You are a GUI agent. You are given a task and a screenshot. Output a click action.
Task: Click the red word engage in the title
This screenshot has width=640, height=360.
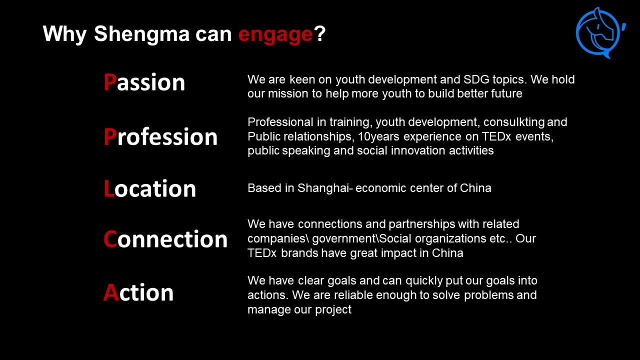tap(275, 35)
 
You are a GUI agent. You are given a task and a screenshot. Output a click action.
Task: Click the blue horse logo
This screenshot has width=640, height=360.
tap(600, 33)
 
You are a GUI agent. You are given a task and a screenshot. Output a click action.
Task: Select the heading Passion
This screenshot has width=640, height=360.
tap(144, 82)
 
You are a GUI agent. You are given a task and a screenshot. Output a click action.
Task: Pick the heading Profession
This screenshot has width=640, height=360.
tap(160, 136)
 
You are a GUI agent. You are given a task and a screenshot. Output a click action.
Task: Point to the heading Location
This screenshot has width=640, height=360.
tap(150, 188)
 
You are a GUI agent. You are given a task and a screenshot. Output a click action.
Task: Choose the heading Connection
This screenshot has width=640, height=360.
tap(165, 239)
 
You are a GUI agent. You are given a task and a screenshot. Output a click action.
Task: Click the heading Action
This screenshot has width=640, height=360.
tap(138, 292)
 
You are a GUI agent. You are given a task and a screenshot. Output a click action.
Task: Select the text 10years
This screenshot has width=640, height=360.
tap(378, 137)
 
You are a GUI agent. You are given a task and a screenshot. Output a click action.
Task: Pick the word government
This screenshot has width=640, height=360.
tap(345, 239)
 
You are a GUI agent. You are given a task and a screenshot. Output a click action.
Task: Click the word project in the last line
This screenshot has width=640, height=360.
tap(333, 310)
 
